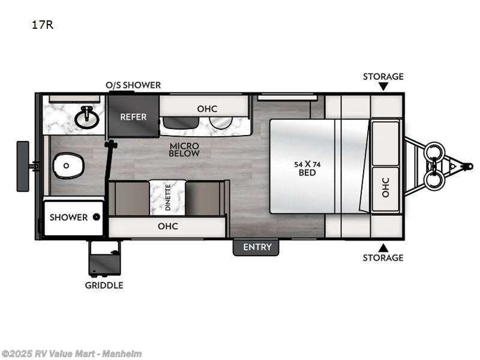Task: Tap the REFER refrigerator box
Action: pos(133,116)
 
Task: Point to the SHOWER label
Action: pos(68,217)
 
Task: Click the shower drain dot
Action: pos(95,217)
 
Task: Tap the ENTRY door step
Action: pos(256,247)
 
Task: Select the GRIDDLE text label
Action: pos(104,286)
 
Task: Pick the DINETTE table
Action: pos(167,197)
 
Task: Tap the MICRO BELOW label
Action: pos(184,149)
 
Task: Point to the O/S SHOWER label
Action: pos(133,85)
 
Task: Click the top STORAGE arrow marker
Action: pos(383,86)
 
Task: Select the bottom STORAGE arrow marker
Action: pos(383,247)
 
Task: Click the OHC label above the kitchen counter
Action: pos(207,109)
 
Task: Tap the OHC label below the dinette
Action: pos(167,227)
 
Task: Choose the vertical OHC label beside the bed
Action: pos(385,187)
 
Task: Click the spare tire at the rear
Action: pos(23,166)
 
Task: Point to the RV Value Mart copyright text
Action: pos(71,354)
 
